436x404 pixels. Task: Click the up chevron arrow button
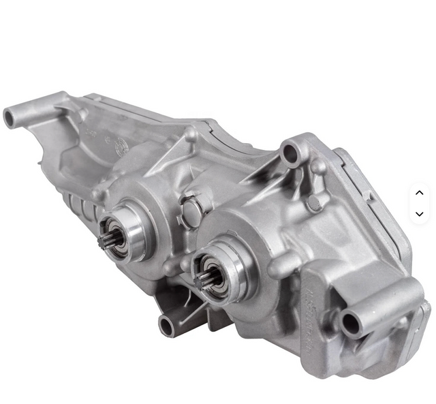[x=419, y=193]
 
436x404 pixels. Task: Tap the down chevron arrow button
[x=419, y=214]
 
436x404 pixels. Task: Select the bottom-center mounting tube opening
[x=166, y=326]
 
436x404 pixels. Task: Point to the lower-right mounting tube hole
[x=349, y=323]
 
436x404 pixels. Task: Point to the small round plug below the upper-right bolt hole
[x=314, y=203]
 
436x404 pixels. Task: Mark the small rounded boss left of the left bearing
[x=98, y=194]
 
